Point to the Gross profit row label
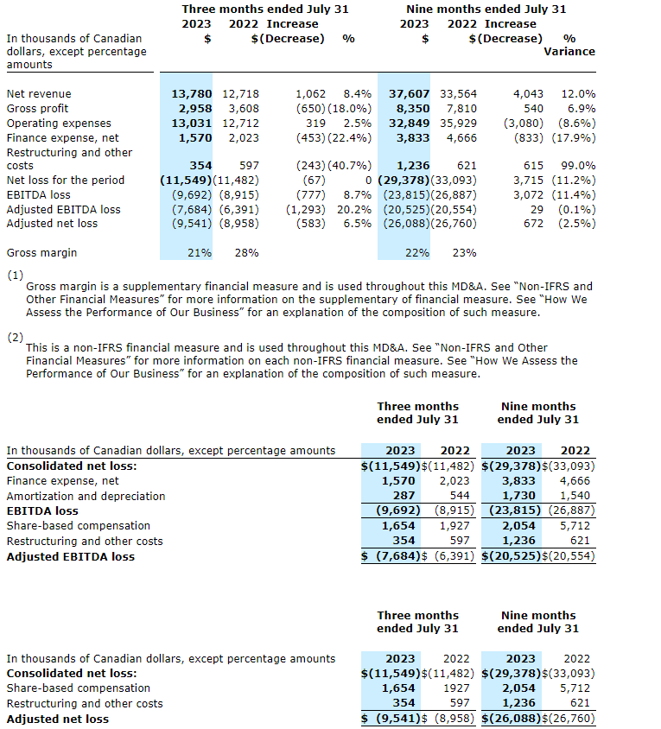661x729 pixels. click(37, 108)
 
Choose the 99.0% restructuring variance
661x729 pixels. click(578, 165)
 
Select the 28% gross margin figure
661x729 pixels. click(246, 253)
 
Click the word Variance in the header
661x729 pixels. click(569, 51)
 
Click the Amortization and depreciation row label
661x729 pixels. click(86, 496)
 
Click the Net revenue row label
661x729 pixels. click(39, 93)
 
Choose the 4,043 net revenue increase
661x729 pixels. click(528, 93)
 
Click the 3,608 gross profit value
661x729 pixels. click(243, 108)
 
